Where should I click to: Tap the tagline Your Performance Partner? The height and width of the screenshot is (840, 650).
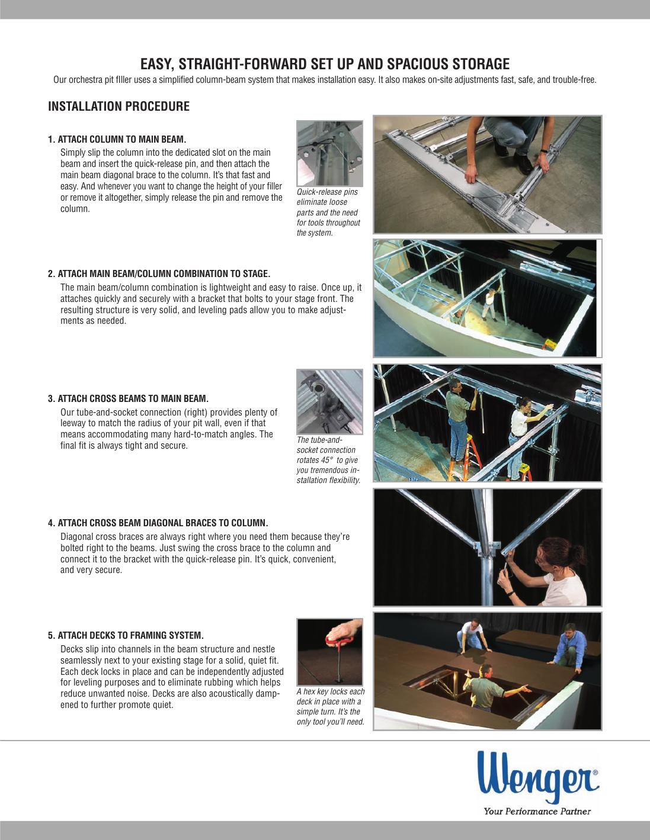click(537, 811)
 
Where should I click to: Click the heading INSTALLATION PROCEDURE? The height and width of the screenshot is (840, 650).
click(119, 107)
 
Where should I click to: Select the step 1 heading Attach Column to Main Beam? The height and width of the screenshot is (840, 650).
click(117, 140)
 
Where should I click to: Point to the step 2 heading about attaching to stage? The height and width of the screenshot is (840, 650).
click(159, 273)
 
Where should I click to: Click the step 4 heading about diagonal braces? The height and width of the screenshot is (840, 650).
click(158, 523)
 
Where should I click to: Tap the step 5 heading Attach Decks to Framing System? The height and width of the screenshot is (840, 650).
click(126, 636)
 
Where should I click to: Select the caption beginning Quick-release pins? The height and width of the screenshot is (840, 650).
click(328, 213)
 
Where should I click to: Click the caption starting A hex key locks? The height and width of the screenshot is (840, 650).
click(330, 707)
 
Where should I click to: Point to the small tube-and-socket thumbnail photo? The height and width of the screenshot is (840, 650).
click(329, 401)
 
